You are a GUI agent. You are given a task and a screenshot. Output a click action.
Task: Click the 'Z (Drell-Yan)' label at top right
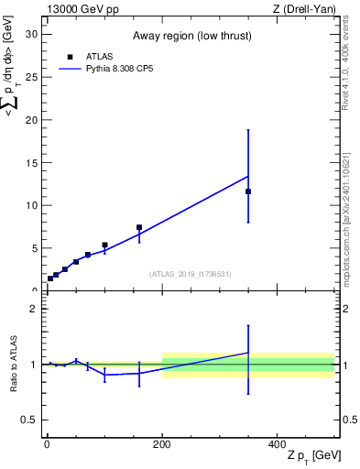coord(305,9)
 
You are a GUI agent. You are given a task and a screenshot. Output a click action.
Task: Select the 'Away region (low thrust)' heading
coord(191,35)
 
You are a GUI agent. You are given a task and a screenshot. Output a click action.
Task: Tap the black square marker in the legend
coord(69,57)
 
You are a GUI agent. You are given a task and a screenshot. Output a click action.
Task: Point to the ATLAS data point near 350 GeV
coord(248,191)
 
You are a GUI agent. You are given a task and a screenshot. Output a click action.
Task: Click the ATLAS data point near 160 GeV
coord(139,227)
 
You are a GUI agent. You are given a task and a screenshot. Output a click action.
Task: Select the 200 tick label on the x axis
coord(162,443)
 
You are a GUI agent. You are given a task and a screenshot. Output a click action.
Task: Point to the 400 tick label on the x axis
coord(278,443)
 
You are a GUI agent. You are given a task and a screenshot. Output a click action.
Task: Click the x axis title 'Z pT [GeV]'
coord(311,456)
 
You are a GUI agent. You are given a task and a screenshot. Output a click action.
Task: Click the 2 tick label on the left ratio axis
coord(32,309)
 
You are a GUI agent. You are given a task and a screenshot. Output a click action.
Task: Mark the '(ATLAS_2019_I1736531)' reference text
coord(191,274)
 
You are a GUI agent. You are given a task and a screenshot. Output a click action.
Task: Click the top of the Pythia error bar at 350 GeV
coord(248,130)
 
